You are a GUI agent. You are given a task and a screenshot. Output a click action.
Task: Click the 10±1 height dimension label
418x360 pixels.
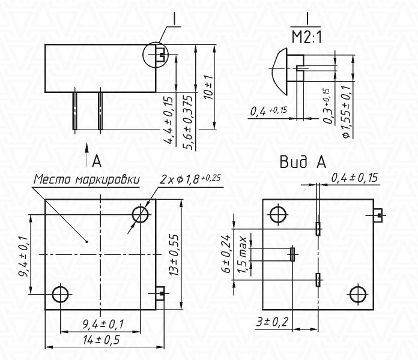point(210,87)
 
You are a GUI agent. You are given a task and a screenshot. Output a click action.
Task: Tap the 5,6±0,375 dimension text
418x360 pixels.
point(187,122)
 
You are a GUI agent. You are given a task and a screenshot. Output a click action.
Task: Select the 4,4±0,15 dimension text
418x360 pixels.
point(168,121)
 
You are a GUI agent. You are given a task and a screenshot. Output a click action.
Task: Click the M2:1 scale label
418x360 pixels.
point(306,37)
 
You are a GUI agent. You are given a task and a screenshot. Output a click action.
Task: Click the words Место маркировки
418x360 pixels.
point(86,179)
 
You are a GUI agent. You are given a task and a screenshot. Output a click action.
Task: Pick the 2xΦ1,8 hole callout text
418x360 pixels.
point(190,179)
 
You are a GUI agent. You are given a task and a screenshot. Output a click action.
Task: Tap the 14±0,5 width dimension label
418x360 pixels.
point(101,340)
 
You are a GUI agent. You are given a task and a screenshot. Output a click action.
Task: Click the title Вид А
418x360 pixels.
point(303,161)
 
